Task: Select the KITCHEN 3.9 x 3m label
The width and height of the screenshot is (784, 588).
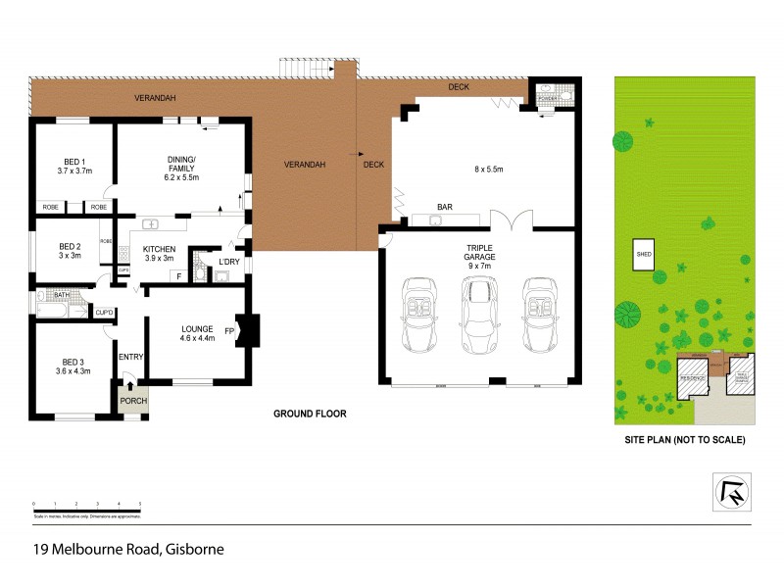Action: pyautogui.click(x=159, y=253)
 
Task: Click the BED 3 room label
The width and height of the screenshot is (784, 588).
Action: pyautogui.click(x=73, y=366)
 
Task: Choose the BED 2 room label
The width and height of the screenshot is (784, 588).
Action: pyautogui.click(x=69, y=251)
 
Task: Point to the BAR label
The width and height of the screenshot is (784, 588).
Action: pyautogui.click(x=445, y=207)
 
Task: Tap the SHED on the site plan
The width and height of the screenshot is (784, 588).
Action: pyautogui.click(x=645, y=252)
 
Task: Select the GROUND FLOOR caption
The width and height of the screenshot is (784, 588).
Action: pyautogui.click(x=309, y=414)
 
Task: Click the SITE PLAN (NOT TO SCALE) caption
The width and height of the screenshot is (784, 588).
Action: pyautogui.click(x=685, y=440)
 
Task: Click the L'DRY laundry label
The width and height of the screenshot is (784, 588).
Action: pyautogui.click(x=229, y=262)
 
